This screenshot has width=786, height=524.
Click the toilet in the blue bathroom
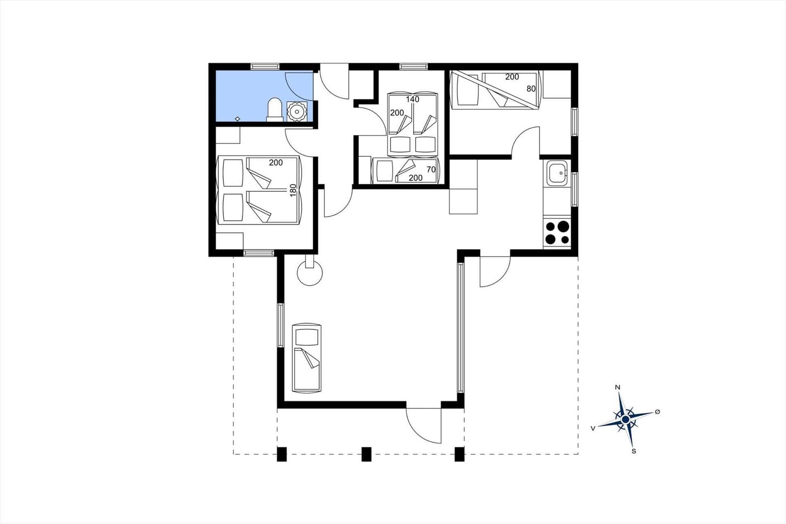point(275,110)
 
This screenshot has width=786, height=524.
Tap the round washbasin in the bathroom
point(297,112)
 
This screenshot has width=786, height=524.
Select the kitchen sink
point(557,174)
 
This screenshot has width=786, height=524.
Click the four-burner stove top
point(557,233)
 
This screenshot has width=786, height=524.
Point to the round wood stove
point(309,272)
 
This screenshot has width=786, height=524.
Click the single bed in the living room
point(307,357)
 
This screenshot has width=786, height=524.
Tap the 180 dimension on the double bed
point(293,190)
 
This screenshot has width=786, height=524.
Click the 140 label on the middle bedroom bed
point(413,99)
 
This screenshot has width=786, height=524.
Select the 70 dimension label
point(431,169)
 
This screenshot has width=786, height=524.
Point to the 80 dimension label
point(531,89)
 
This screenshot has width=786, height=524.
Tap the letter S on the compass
point(634,451)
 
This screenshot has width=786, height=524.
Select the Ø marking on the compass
point(658,411)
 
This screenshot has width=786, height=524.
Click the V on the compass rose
point(593,428)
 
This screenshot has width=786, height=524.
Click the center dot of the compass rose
point(625,420)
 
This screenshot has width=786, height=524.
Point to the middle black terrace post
point(366,454)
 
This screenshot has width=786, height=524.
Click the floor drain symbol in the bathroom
point(238,119)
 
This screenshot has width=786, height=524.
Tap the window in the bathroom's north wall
point(265,66)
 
